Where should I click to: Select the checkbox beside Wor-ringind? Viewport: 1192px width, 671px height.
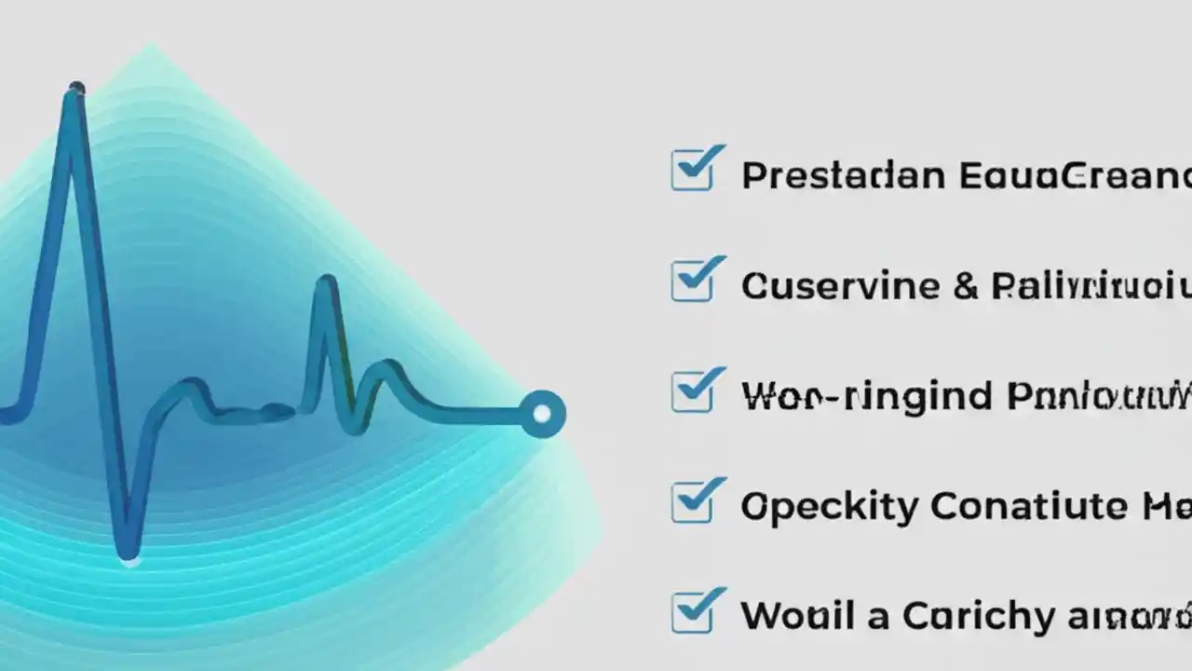click(x=692, y=392)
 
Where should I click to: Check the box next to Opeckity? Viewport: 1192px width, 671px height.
click(x=692, y=503)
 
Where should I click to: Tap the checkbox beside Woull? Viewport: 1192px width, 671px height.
click(x=692, y=613)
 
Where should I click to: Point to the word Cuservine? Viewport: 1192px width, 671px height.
click(x=840, y=285)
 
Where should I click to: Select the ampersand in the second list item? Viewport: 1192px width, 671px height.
click(x=966, y=285)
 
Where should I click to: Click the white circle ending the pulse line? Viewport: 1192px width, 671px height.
click(x=541, y=412)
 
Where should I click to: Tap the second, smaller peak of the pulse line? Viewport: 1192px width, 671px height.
click(x=325, y=281)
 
